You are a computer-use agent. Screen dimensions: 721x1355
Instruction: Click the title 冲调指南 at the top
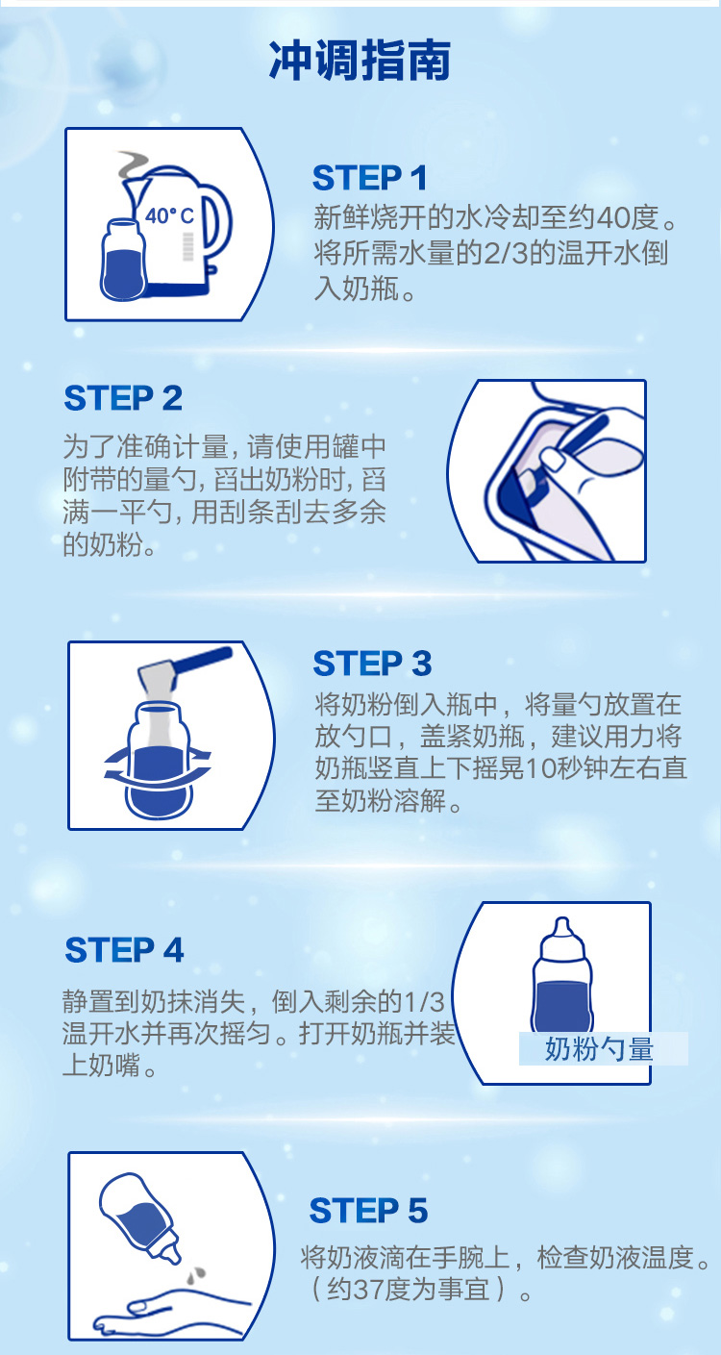(360, 62)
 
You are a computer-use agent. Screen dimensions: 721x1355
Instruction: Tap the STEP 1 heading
(369, 178)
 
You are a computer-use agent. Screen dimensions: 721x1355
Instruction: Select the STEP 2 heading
(123, 398)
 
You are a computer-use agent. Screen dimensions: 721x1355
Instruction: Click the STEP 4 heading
(124, 949)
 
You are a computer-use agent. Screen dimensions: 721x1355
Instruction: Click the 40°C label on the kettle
(170, 216)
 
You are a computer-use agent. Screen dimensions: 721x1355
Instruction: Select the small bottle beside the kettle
(124, 260)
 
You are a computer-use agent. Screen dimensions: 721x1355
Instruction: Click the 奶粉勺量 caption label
(599, 1048)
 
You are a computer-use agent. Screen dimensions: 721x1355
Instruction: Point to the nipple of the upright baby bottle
(562, 930)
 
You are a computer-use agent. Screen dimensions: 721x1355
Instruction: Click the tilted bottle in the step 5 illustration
(140, 1217)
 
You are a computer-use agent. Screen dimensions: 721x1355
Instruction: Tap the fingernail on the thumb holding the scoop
(552, 459)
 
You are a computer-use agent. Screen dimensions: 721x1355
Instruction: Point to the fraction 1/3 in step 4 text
(423, 1002)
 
